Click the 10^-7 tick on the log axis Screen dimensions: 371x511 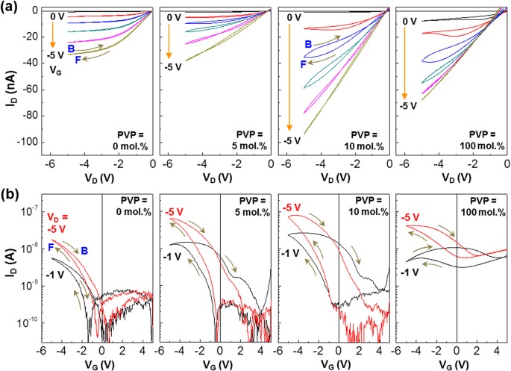[28, 212]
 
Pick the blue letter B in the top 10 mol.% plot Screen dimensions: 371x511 [307, 45]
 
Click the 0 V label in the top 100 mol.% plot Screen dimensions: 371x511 [409, 21]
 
